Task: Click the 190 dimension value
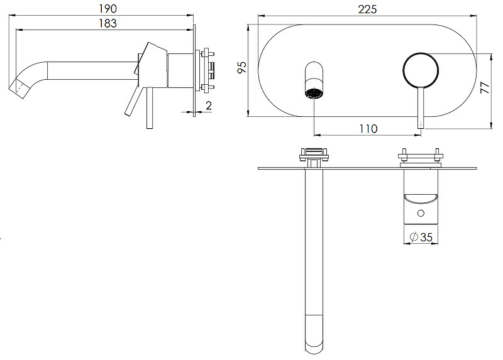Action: pos(108,9)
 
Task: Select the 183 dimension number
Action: pos(108,23)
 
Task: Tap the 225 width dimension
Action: pos(367,9)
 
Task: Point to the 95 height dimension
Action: pos(242,67)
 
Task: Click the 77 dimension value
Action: pos(485,87)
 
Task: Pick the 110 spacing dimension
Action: pos(368,129)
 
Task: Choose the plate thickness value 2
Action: pos(209,106)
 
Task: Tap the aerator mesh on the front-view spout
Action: pos(314,94)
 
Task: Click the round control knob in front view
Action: pos(421,70)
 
